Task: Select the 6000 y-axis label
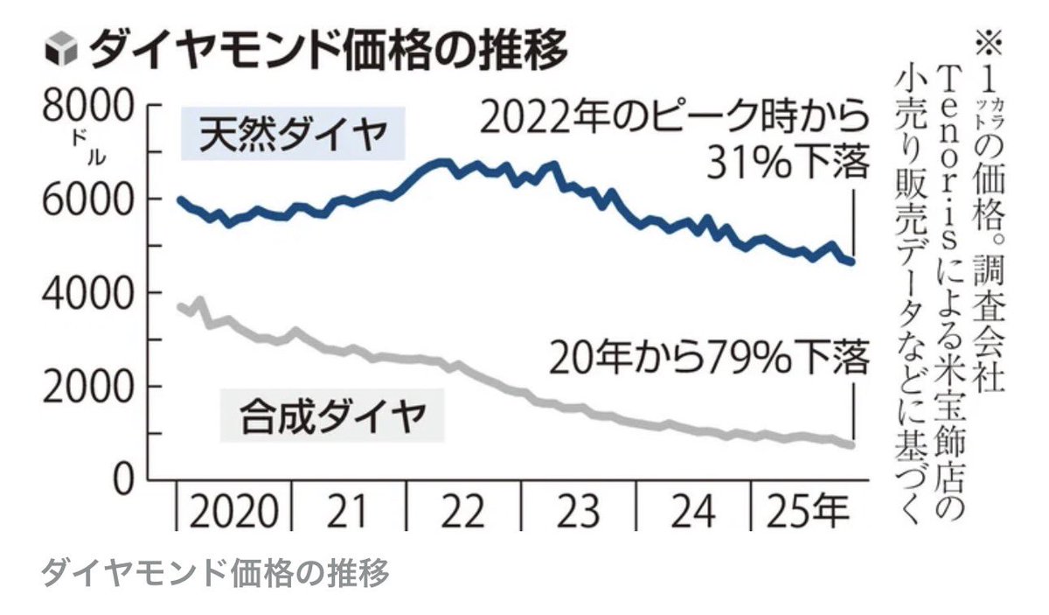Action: coord(86,199)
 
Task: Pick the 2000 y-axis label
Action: coord(86,387)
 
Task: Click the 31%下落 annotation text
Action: coord(787,163)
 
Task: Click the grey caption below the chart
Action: coord(214,574)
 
